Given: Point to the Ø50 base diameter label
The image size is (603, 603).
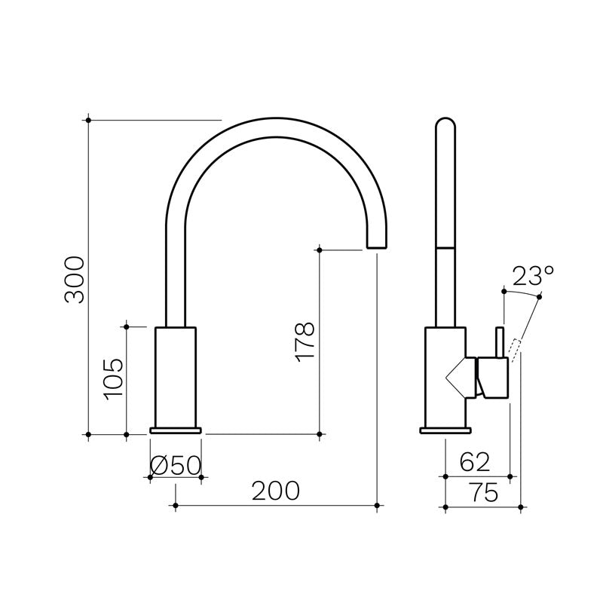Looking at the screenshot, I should [176, 465].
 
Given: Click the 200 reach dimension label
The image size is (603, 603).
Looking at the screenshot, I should [276, 491].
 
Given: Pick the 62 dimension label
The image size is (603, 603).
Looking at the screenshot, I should [475, 461].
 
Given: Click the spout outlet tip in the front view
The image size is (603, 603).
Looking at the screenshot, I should [376, 243].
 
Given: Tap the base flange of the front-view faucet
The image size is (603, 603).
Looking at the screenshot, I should [176, 430].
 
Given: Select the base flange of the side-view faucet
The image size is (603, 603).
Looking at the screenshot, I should [445, 430].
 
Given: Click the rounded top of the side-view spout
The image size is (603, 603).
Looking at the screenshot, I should [446, 126].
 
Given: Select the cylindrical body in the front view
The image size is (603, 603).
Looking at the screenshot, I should [176, 377].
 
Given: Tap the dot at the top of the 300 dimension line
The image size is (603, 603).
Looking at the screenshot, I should [89, 119].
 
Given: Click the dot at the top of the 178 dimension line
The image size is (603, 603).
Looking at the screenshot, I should [320, 249].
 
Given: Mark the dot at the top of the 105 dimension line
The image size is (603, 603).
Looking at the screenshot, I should [127, 326].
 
